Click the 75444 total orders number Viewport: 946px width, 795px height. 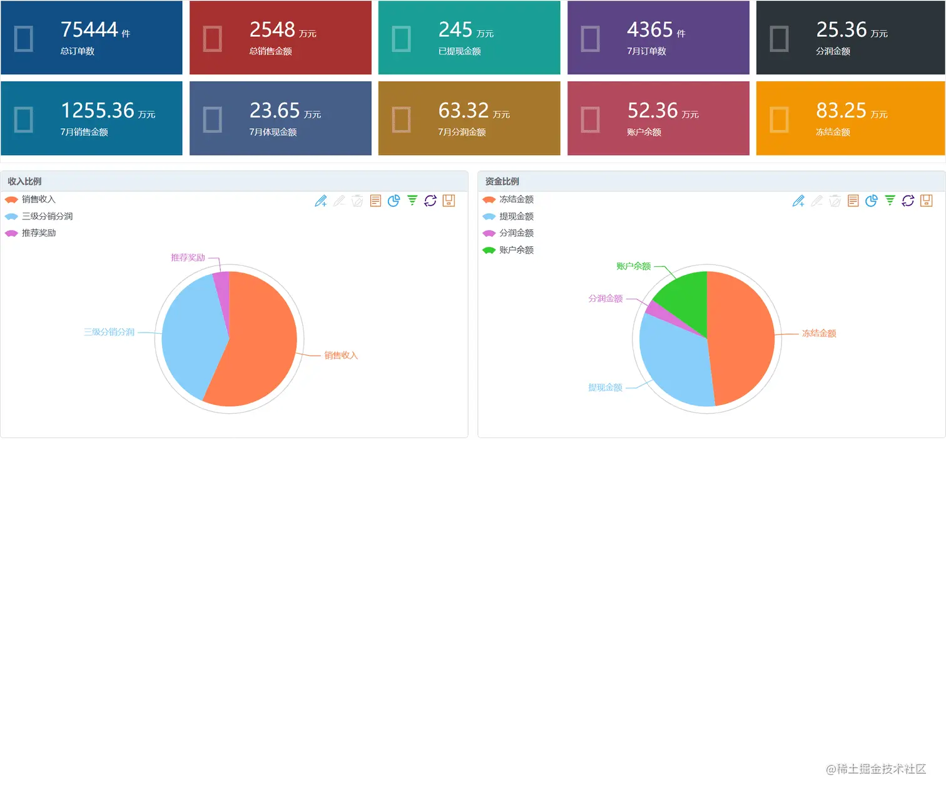(x=89, y=29)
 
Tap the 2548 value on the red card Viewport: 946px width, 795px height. (x=272, y=29)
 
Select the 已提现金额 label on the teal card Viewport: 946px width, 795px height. (x=459, y=51)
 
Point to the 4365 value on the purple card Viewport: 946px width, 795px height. (x=649, y=29)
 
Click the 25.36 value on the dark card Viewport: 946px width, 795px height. (x=841, y=29)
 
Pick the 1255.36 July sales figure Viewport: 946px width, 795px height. (x=97, y=111)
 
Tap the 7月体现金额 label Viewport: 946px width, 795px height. (x=273, y=132)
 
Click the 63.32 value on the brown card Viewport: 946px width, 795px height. (x=463, y=111)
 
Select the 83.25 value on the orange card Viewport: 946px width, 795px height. (x=841, y=111)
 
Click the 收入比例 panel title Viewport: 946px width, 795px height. (x=24, y=181)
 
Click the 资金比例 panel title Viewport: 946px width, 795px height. (x=502, y=181)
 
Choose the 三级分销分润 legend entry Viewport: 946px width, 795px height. (x=47, y=216)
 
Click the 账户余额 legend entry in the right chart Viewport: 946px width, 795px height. (x=516, y=250)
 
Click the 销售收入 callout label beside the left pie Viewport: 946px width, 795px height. (x=341, y=356)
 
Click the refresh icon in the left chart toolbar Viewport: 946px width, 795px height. (x=430, y=201)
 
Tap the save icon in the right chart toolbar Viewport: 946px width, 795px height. (x=927, y=201)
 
